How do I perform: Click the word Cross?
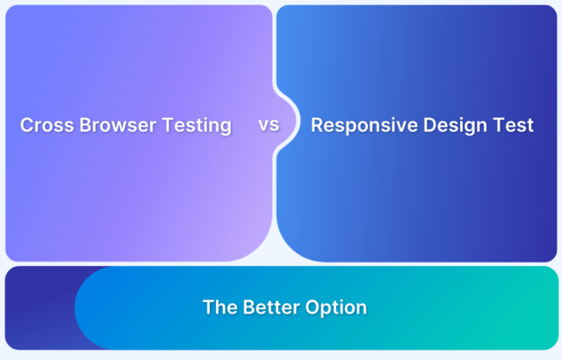47,125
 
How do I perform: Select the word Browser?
118,125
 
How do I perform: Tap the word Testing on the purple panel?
197,126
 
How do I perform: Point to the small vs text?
269,125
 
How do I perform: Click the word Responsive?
364,126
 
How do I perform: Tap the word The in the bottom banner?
220,307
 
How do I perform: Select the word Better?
271,307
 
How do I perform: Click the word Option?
336,308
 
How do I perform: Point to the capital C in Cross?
27,125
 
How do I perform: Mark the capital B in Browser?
85,125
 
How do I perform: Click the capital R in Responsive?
318,125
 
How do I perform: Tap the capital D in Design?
430,125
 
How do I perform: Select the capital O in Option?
313,307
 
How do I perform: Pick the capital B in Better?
249,307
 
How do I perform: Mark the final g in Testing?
226,128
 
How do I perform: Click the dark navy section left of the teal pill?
40,308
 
